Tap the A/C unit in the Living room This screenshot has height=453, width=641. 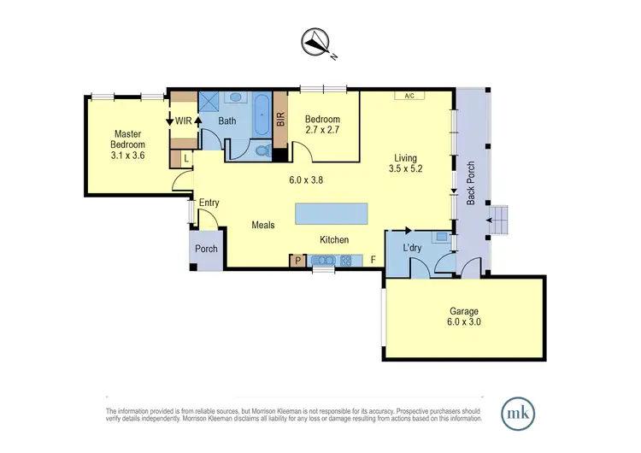(409, 96)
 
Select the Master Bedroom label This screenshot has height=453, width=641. (128, 144)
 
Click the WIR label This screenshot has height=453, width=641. (183, 121)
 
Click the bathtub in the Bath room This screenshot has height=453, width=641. (262, 115)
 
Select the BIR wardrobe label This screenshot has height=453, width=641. (279, 122)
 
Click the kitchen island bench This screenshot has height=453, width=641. (331, 214)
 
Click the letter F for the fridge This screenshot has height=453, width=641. (373, 260)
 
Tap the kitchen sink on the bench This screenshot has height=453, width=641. (326, 261)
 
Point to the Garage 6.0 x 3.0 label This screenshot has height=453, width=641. (464, 316)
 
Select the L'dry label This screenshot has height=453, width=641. (414, 248)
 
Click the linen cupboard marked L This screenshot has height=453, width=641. (186, 159)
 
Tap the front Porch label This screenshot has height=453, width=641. (206, 250)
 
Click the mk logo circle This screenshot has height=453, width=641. (516, 412)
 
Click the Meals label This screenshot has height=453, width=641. (262, 225)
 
